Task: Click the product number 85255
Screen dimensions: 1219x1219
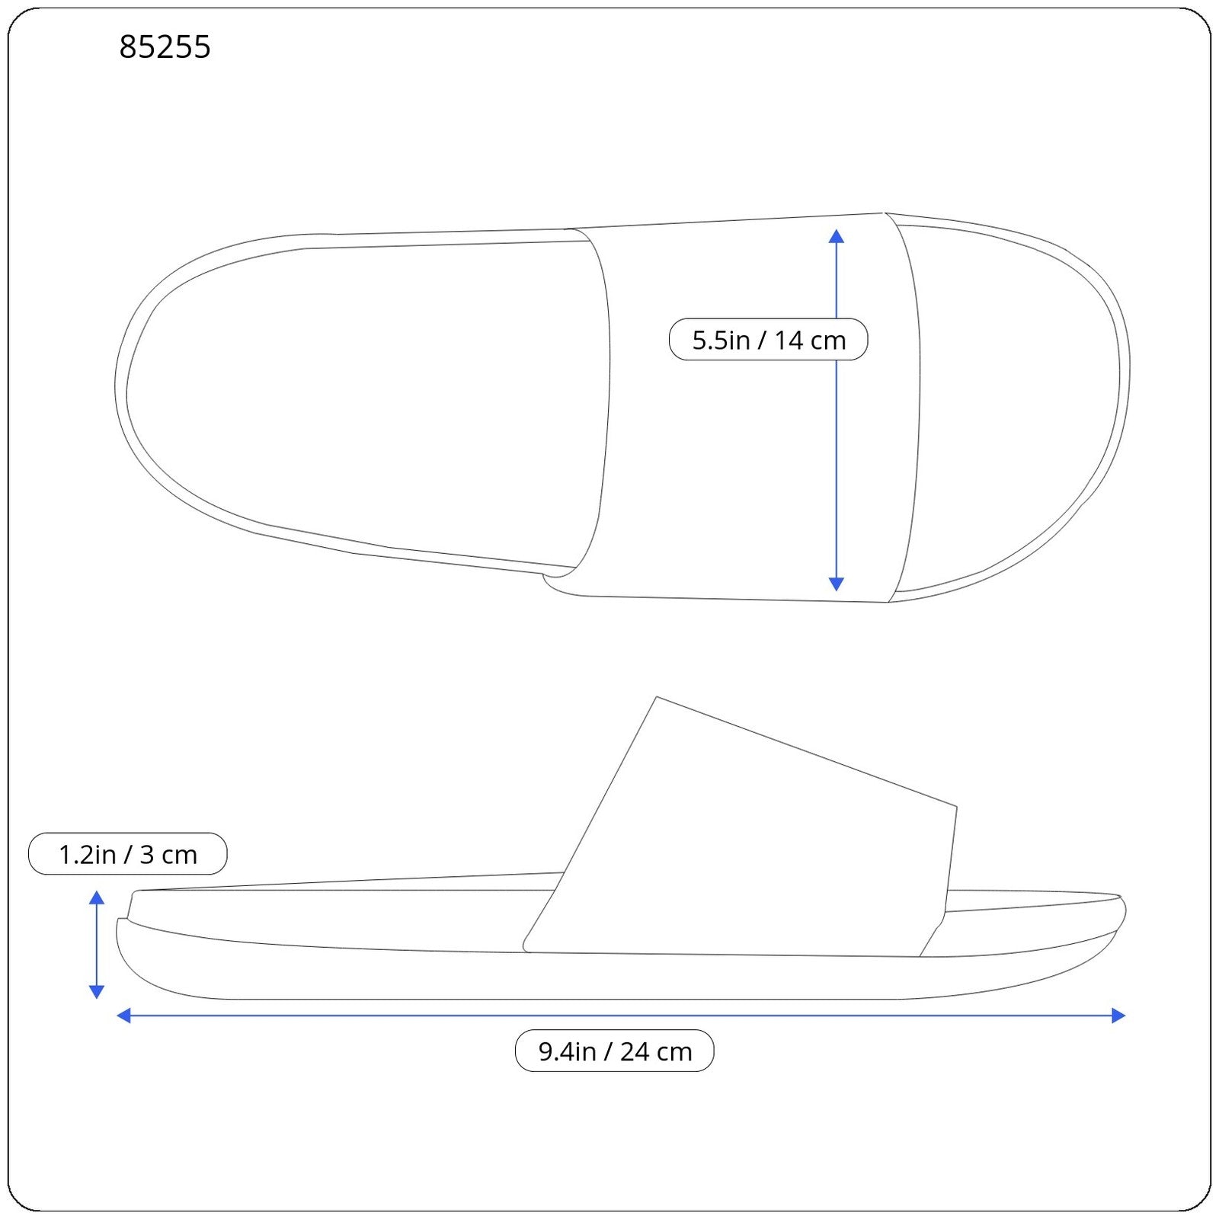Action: (x=165, y=47)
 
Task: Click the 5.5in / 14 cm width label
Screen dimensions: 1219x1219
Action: (x=768, y=340)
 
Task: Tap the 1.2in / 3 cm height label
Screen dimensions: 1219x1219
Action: (x=127, y=854)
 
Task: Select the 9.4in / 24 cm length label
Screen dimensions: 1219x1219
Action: (x=614, y=1051)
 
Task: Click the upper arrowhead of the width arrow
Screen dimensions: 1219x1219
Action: (x=836, y=236)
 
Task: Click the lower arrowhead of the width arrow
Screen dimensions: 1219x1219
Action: (x=836, y=584)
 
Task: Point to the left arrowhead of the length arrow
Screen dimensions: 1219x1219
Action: (x=124, y=1015)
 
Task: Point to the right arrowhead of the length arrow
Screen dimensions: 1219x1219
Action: (x=1118, y=1015)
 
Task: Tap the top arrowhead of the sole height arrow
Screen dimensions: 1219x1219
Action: (x=97, y=897)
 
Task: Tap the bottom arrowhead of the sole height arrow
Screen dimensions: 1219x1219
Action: (x=97, y=991)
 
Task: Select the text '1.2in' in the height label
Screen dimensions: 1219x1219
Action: (x=86, y=854)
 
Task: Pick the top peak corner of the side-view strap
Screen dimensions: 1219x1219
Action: (x=657, y=698)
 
